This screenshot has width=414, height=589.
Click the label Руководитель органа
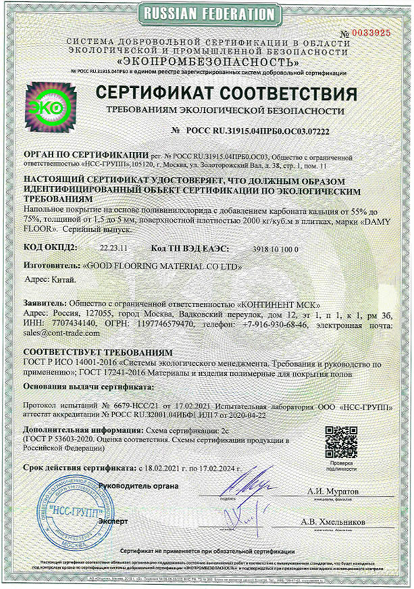[139, 485]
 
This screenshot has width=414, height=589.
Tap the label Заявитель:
[45, 304]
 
